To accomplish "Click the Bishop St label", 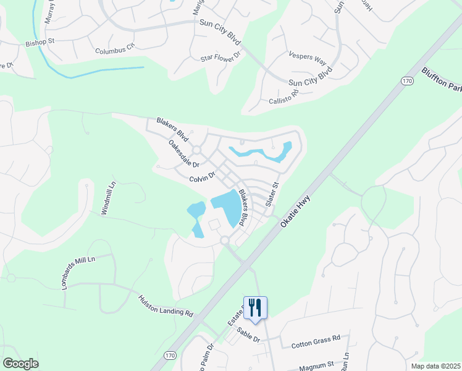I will point(40,43).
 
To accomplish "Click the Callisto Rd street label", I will point(283,96).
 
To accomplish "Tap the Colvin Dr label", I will point(202,177).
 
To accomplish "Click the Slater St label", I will point(272,194).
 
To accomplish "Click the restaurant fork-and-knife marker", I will point(255,307).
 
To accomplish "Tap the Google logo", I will point(20,364).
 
